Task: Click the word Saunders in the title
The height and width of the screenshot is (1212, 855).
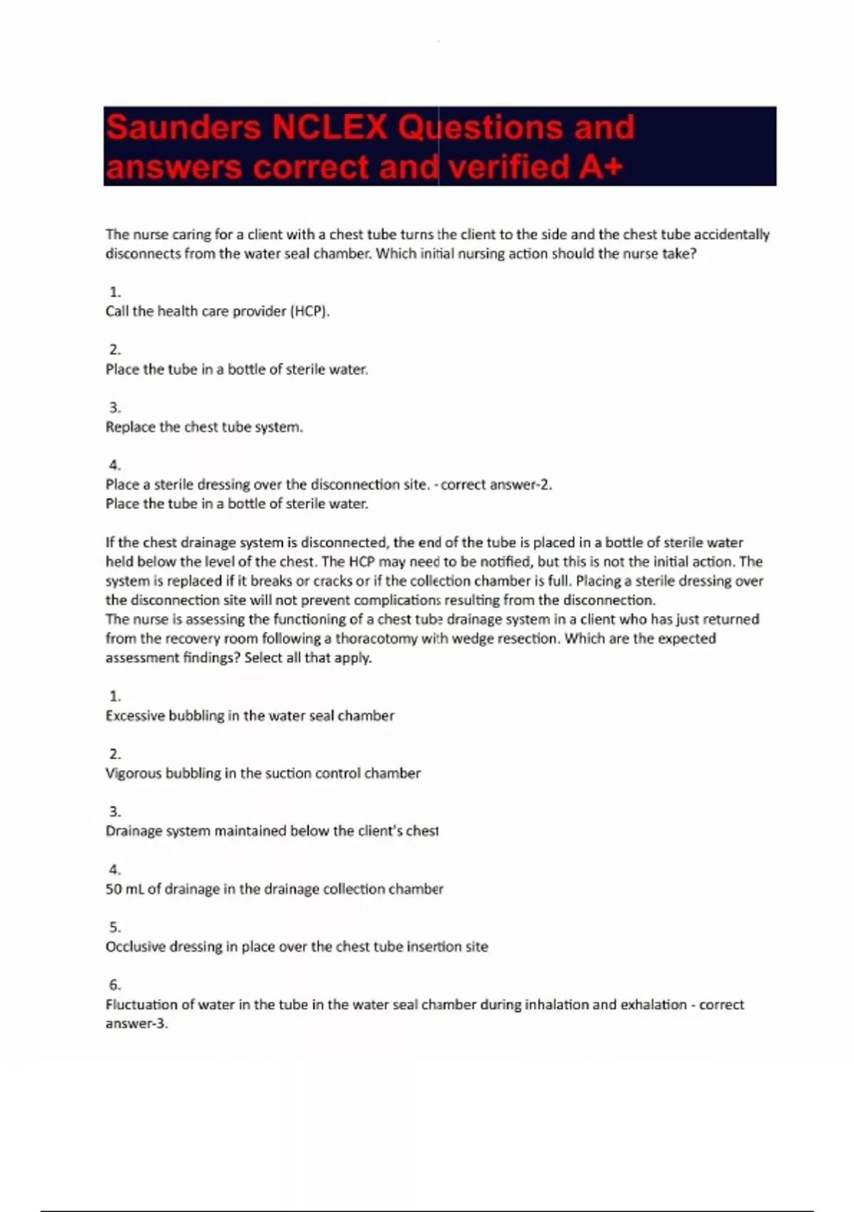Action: pyautogui.click(x=183, y=128)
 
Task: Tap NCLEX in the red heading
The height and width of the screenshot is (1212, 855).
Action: pyautogui.click(x=329, y=128)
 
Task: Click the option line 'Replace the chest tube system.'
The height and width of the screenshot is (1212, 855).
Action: pyautogui.click(x=204, y=427)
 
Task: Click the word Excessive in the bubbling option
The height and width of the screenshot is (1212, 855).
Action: pyautogui.click(x=135, y=716)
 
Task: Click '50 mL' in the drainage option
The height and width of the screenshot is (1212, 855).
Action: pyautogui.click(x=125, y=889)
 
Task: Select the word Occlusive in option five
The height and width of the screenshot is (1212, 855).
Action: pyautogui.click(x=135, y=947)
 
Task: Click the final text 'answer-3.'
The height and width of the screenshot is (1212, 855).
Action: pyautogui.click(x=137, y=1024)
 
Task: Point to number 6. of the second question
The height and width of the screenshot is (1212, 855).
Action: pyautogui.click(x=115, y=985)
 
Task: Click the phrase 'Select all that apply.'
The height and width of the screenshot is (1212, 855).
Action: pyautogui.click(x=308, y=658)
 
